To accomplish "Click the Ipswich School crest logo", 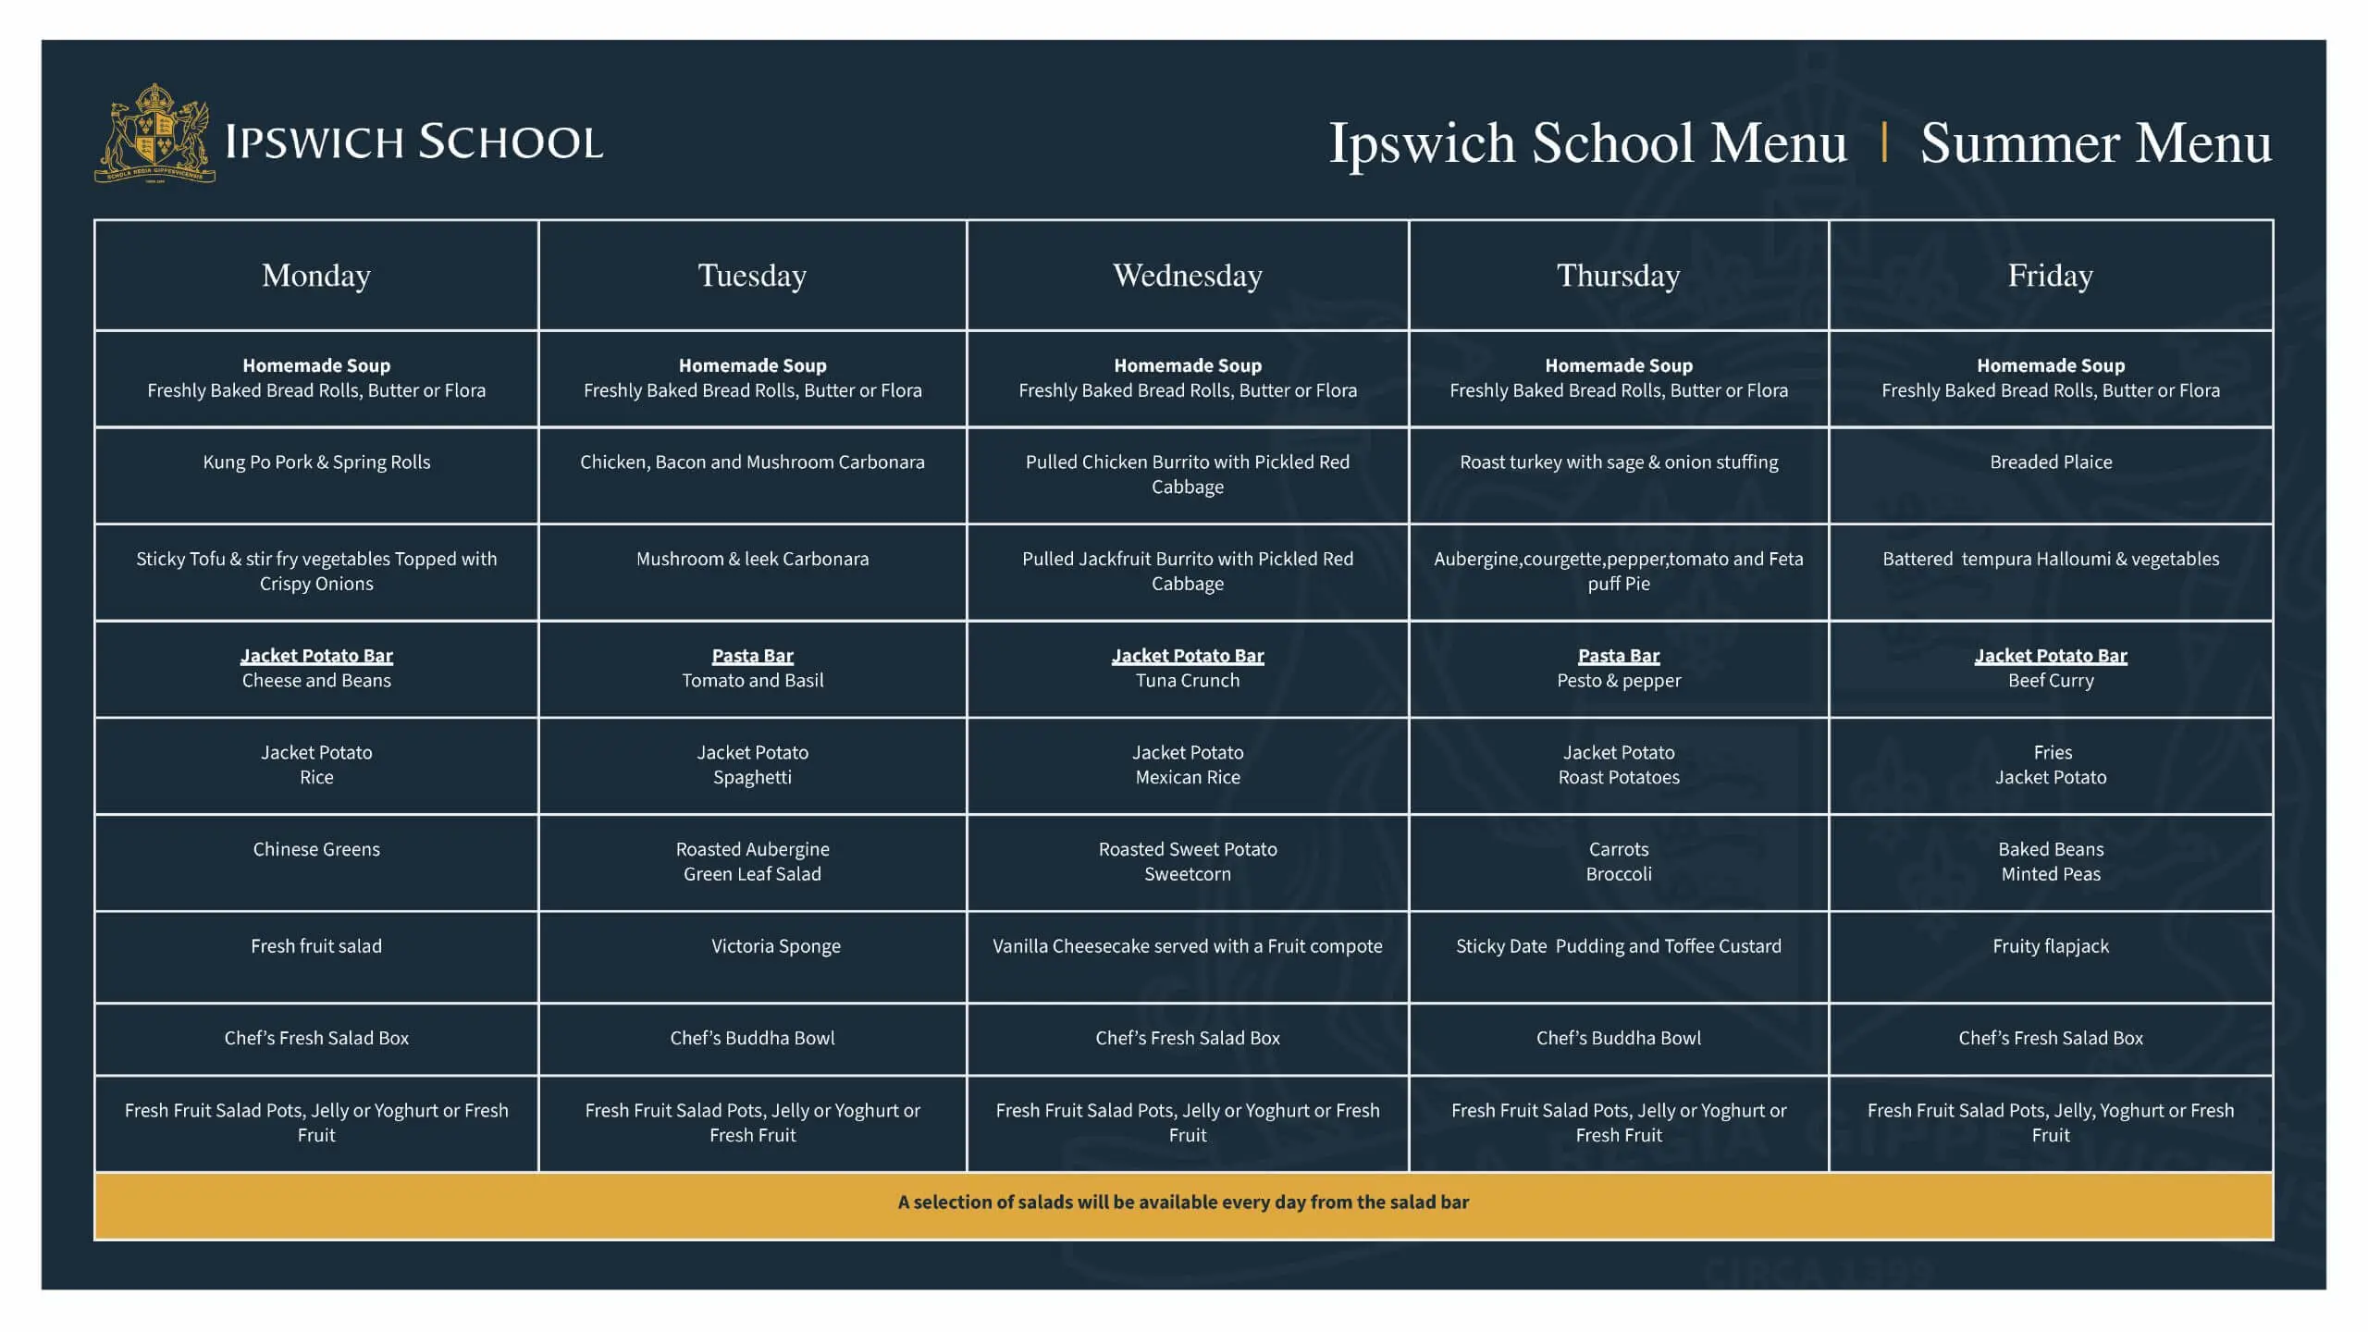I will [x=154, y=134].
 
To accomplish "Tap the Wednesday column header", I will [x=1187, y=276].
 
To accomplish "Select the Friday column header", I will [x=2050, y=276].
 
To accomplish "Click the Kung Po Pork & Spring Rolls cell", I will [x=316, y=462].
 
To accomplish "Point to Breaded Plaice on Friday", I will [x=2050, y=462].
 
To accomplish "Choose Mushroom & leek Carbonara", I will [x=752, y=559].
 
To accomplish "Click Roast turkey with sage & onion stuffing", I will [x=1618, y=462].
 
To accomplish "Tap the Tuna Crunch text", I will [x=1187, y=681].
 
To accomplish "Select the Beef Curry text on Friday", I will [x=2050, y=681].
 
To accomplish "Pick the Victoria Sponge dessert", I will [x=775, y=946].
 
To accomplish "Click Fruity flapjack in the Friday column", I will [x=2050, y=946].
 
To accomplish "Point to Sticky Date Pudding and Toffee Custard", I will [x=1618, y=946].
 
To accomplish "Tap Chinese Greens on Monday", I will [x=316, y=849].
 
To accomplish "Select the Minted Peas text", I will [x=2050, y=874].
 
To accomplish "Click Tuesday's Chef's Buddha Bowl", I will [x=752, y=1038].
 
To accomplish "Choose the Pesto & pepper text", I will [x=1618, y=681].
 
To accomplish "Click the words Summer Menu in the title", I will [x=2095, y=143].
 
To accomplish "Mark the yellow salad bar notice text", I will [x=1183, y=1202].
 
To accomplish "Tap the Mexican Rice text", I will [x=1187, y=778].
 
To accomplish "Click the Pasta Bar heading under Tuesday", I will [x=752, y=656].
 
